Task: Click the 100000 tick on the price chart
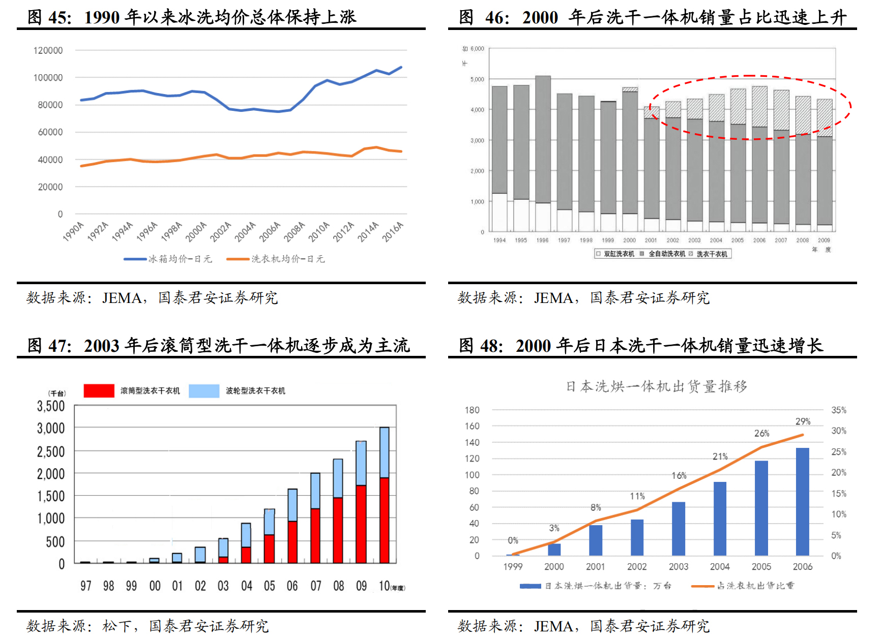(48, 78)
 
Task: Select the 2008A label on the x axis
(294, 231)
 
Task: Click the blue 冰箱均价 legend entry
(168, 259)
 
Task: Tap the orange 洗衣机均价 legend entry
(276, 259)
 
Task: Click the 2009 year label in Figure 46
(824, 240)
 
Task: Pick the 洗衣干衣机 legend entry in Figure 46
(711, 254)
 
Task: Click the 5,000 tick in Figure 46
(477, 79)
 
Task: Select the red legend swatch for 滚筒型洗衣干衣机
(99, 391)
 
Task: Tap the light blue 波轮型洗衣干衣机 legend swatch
(204, 391)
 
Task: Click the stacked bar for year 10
(385, 496)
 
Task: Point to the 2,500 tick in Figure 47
(51, 452)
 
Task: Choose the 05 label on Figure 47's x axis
(270, 586)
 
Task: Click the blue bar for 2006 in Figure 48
(802, 502)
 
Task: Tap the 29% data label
(803, 421)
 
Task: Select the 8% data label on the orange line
(596, 507)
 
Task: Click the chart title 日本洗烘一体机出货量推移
(657, 387)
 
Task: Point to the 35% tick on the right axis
(839, 410)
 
